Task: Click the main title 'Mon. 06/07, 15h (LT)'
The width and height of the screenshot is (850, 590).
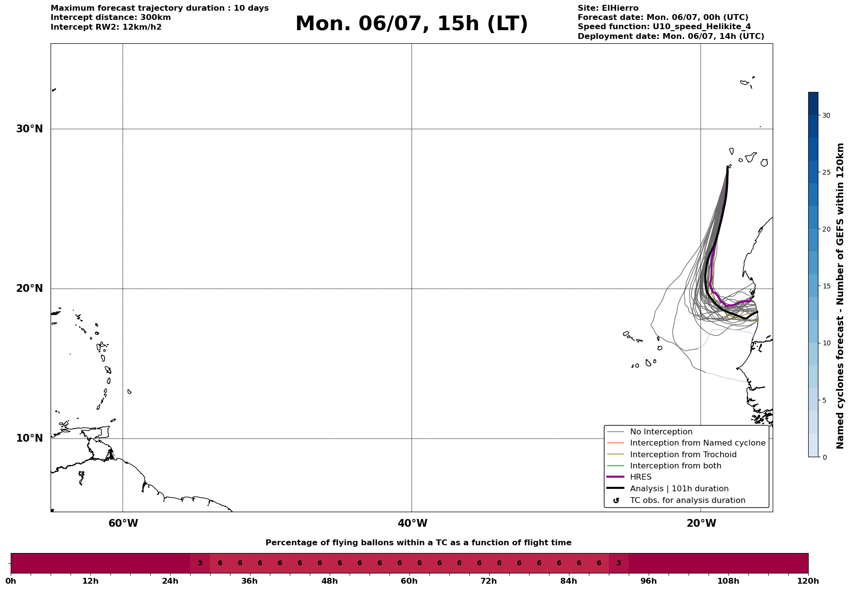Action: click(x=411, y=24)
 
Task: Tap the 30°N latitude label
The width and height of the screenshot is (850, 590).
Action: click(x=29, y=129)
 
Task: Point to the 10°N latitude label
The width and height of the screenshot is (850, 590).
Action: click(x=29, y=438)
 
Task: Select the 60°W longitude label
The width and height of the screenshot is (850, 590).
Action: click(x=123, y=523)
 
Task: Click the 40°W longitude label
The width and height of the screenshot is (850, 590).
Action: click(x=412, y=523)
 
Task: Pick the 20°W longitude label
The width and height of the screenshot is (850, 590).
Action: click(x=701, y=523)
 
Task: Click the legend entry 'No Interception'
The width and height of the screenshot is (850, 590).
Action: click(x=661, y=432)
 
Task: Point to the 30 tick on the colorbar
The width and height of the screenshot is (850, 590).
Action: click(x=826, y=115)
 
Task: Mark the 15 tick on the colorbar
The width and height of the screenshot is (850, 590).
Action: click(x=826, y=286)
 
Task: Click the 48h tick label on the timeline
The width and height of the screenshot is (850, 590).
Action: click(x=329, y=581)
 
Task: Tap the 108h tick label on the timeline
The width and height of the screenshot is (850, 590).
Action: click(x=728, y=581)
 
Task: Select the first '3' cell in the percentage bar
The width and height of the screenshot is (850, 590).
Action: click(x=200, y=563)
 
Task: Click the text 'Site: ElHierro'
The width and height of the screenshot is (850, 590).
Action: click(x=608, y=8)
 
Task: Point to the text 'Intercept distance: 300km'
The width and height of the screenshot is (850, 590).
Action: click(x=111, y=18)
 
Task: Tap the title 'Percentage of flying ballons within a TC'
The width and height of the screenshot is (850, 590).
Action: click(x=379, y=543)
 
